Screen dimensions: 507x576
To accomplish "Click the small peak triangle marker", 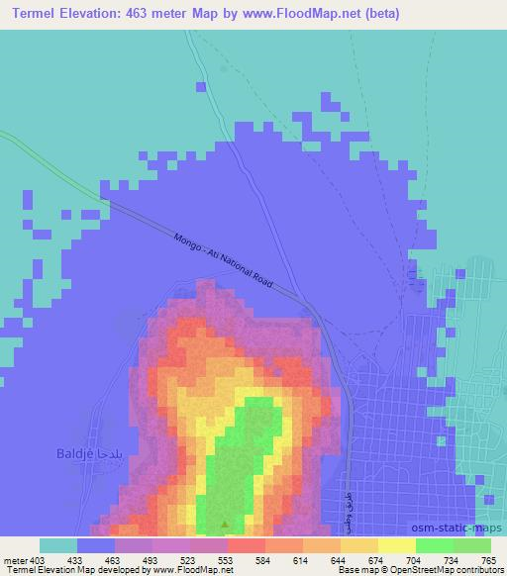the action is pos(226,526).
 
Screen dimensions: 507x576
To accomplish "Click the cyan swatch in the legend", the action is pos(58,545).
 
